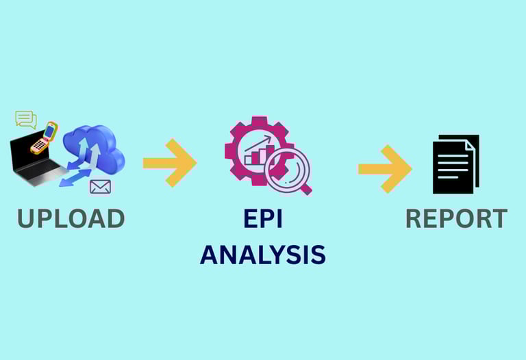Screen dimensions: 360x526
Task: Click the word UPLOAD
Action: coord(71,218)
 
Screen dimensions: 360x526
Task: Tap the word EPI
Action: coord(263,218)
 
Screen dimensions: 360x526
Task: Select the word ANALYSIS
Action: coord(263,255)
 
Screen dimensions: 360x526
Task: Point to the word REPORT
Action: coord(456,218)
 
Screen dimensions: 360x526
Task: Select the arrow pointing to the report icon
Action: coord(384,168)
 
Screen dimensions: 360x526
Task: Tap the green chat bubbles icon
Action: coord(26,119)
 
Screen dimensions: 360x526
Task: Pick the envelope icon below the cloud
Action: coord(100,186)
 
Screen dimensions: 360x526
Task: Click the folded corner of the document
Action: coord(471,144)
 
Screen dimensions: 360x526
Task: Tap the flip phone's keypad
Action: coord(40,145)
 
